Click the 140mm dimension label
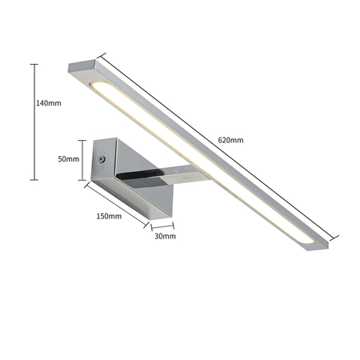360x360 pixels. (49, 102)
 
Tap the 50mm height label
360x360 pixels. (70, 159)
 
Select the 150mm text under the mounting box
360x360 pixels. (109, 216)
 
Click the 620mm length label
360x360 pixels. (230, 140)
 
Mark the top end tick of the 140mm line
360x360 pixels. (34, 64)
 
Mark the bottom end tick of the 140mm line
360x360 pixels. (34, 180)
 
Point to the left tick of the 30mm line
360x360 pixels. (151, 226)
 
